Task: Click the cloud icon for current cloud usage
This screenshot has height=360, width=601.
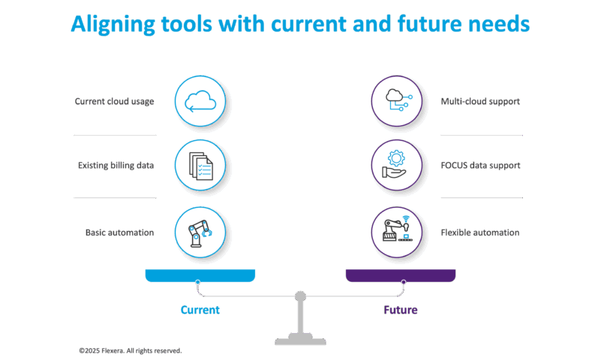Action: click(200, 101)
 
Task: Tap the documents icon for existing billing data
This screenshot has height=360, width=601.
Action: click(200, 165)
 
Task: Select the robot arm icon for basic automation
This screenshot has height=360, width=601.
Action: click(200, 232)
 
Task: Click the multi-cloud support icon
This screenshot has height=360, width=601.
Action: click(397, 101)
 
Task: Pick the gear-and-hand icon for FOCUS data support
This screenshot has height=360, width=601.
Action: click(397, 165)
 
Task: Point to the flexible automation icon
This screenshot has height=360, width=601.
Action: click(397, 232)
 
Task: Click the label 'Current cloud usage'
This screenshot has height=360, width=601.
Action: click(114, 101)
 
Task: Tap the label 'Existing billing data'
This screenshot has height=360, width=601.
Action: click(116, 165)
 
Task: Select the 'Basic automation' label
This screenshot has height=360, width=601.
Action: click(119, 232)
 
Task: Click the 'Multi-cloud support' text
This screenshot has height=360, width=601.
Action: click(481, 101)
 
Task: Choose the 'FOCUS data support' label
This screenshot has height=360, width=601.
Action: click(481, 165)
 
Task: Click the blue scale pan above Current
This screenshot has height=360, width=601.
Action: click(200, 274)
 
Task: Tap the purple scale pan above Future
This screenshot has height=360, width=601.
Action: click(401, 274)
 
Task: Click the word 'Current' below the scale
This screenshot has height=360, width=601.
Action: click(200, 310)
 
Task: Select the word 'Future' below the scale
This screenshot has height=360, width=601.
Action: click(401, 310)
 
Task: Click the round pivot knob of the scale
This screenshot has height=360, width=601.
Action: click(300, 296)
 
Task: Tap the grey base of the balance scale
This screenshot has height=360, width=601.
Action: click(300, 340)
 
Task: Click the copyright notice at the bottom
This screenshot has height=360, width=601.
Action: click(130, 350)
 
